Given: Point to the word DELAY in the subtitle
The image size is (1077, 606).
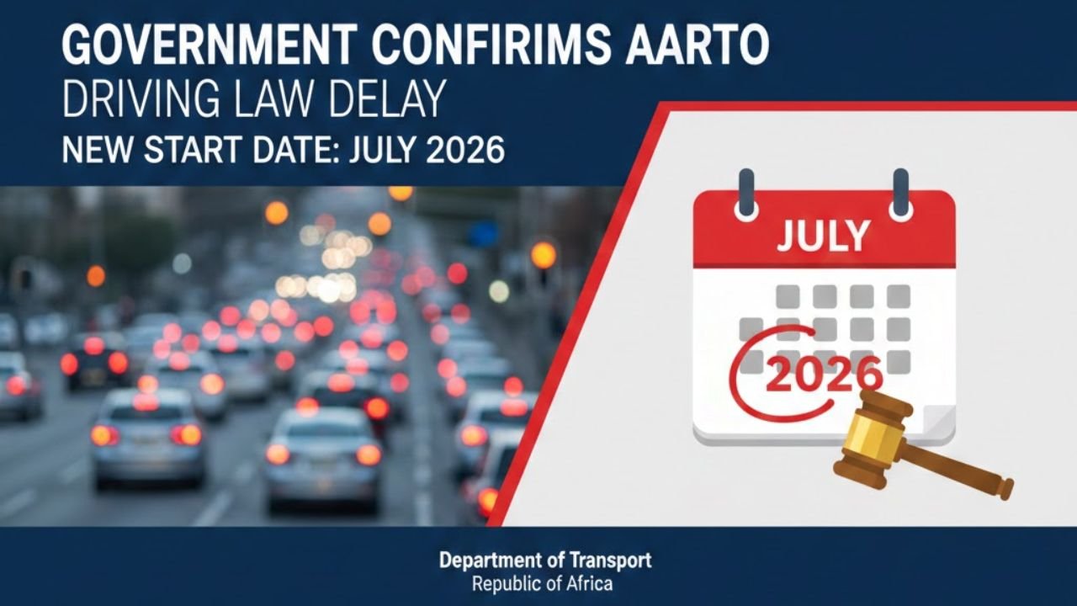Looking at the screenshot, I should [x=390, y=102].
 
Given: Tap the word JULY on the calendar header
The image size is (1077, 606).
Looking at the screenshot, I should [x=822, y=237].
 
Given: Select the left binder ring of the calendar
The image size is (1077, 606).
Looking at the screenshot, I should [x=746, y=194].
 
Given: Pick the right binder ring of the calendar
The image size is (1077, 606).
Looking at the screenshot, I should [x=901, y=194].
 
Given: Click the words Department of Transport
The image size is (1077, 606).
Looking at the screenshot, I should [x=545, y=561].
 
